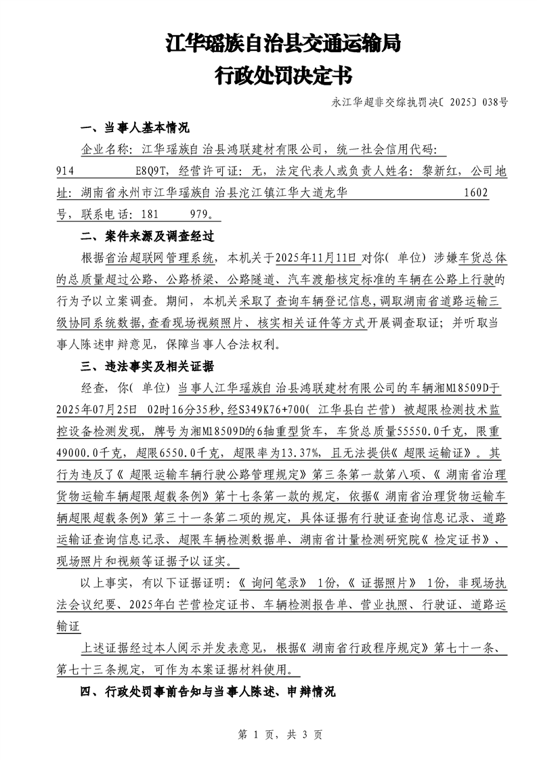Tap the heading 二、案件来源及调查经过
[147, 236]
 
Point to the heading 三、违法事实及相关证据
[147, 366]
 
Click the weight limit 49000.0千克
[91, 453]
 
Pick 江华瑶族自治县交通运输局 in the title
[282, 44]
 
